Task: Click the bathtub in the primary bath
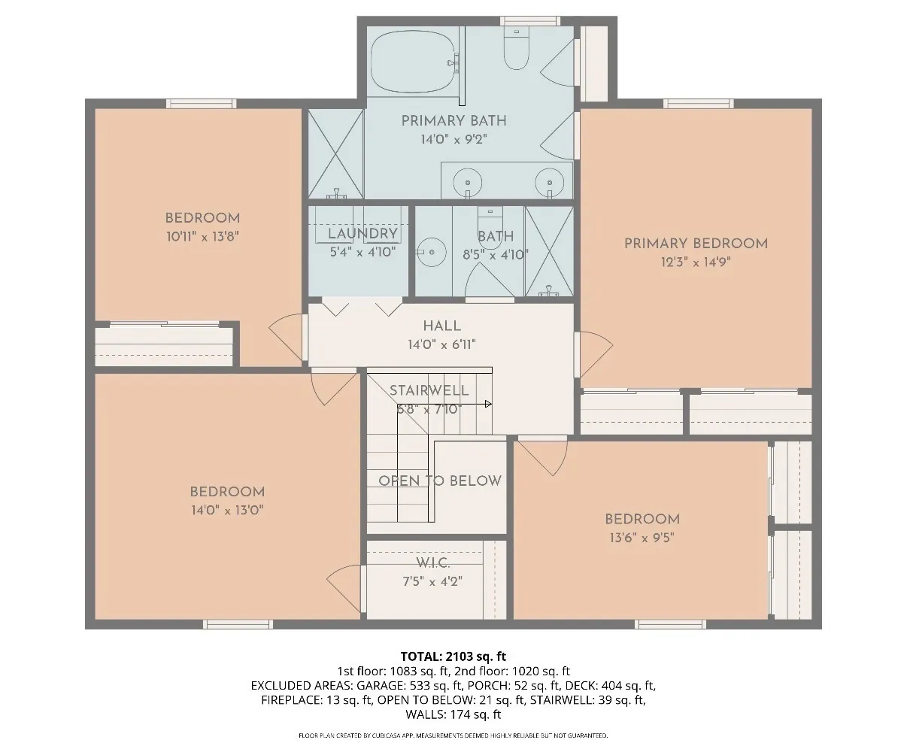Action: [x=413, y=62]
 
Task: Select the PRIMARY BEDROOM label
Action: [x=696, y=244]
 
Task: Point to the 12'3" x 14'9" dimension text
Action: [x=696, y=262]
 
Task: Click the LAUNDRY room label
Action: [x=362, y=233]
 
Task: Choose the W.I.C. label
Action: [x=432, y=563]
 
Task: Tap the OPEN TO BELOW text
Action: [x=439, y=481]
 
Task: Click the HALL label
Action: [x=441, y=326]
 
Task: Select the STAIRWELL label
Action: [x=429, y=390]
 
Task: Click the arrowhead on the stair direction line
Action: [x=489, y=404]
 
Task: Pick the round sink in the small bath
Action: [x=432, y=253]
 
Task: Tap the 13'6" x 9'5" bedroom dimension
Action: [x=642, y=538]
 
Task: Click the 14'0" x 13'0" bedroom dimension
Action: [x=227, y=510]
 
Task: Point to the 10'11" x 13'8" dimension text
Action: [x=202, y=236]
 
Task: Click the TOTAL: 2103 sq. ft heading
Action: [x=453, y=657]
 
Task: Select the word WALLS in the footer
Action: [x=426, y=714]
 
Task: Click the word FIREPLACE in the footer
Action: [x=291, y=700]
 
